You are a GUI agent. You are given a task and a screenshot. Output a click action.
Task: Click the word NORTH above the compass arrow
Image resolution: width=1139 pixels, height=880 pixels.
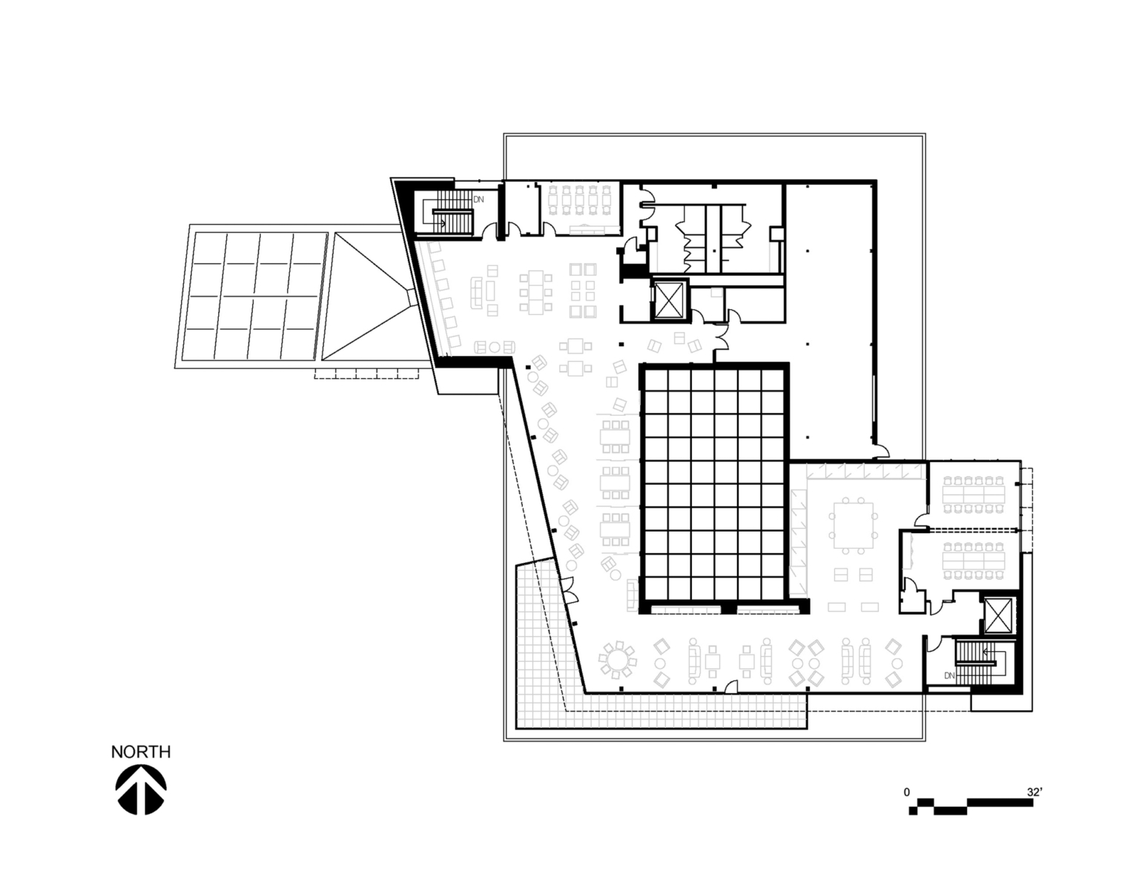tap(141, 752)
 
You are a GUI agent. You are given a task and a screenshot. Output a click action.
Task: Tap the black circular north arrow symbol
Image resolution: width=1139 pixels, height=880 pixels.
tap(141, 790)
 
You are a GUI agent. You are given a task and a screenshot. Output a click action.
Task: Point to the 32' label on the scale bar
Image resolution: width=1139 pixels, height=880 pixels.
tap(1034, 792)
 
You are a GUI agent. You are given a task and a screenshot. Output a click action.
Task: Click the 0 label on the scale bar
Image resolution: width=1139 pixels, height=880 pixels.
tap(906, 792)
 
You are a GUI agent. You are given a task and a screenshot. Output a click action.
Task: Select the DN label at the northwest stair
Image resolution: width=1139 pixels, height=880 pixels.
tap(479, 199)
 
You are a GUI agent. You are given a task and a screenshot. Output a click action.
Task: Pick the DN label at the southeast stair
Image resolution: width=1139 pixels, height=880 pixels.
tap(949, 675)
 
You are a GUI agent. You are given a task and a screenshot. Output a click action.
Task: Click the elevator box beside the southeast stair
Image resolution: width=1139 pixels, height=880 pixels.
tap(998, 615)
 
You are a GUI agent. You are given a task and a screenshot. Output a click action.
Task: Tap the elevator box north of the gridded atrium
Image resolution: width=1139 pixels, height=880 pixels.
tap(670, 301)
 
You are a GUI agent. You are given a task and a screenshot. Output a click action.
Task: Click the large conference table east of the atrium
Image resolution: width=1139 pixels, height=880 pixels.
tap(854, 526)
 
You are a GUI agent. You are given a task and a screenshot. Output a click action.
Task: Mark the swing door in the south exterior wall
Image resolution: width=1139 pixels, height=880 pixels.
tap(731, 687)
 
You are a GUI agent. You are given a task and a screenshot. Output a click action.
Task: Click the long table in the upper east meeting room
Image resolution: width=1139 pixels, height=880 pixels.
tap(973, 490)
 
